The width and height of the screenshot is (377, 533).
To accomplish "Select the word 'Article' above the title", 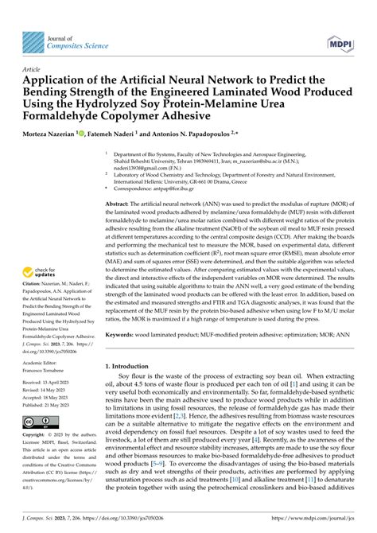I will [x=33, y=70].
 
